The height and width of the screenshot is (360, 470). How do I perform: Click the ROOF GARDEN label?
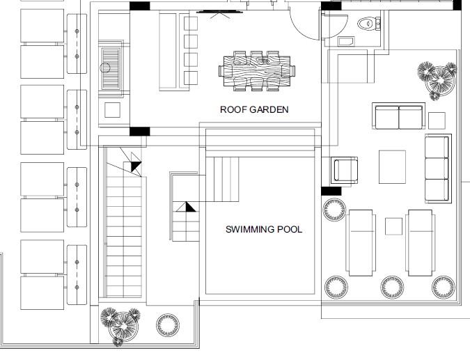(x=254, y=109)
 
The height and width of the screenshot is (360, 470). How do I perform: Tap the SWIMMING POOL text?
(x=264, y=229)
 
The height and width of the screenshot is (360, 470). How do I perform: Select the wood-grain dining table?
(x=257, y=71)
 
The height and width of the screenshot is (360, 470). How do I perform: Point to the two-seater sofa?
(x=399, y=116)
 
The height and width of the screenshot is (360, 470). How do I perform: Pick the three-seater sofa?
(x=438, y=169)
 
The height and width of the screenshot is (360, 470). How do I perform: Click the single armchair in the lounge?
(x=345, y=170)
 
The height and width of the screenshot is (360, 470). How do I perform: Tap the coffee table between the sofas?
(x=392, y=167)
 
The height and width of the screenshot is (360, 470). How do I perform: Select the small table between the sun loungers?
(x=393, y=226)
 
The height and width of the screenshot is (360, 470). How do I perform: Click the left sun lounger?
(x=360, y=243)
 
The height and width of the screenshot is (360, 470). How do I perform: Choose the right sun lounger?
(x=421, y=243)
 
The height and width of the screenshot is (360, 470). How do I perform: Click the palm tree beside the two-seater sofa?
(x=438, y=79)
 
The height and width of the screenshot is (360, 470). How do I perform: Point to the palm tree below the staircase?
(x=120, y=326)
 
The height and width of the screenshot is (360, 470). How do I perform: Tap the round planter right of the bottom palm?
(x=168, y=325)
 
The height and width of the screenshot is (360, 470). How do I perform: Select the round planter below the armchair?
(x=334, y=210)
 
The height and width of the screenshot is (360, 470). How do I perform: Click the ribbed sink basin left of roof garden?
(x=111, y=69)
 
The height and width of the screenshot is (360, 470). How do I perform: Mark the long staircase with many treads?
(x=123, y=236)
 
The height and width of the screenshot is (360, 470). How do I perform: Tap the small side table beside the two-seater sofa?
(x=437, y=120)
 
